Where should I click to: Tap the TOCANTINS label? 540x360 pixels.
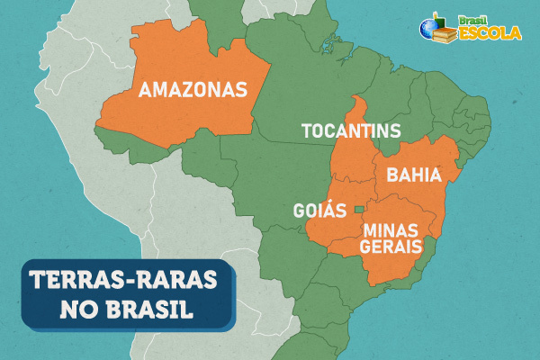(x=350, y=132)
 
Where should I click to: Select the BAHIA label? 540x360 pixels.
(x=413, y=175)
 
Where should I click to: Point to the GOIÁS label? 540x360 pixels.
(x=319, y=211)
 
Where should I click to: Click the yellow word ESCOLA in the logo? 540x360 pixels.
(x=490, y=33)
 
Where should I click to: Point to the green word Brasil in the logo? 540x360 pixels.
(x=471, y=18)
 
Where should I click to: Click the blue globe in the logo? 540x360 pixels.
(x=428, y=28)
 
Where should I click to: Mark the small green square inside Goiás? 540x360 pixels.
(x=358, y=210)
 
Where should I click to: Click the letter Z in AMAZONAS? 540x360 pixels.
(x=199, y=90)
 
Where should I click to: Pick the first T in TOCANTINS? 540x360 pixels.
(x=306, y=132)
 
